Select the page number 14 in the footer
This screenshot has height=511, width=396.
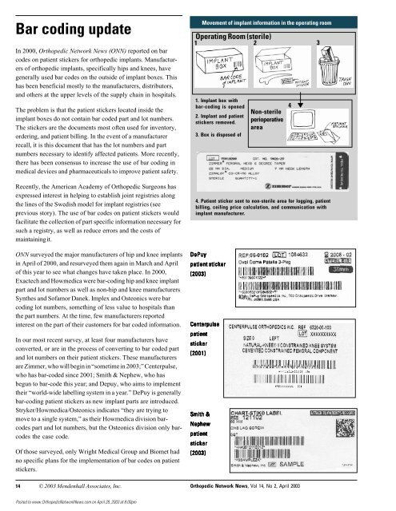click(18, 483)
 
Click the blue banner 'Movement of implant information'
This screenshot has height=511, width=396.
click(291, 15)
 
